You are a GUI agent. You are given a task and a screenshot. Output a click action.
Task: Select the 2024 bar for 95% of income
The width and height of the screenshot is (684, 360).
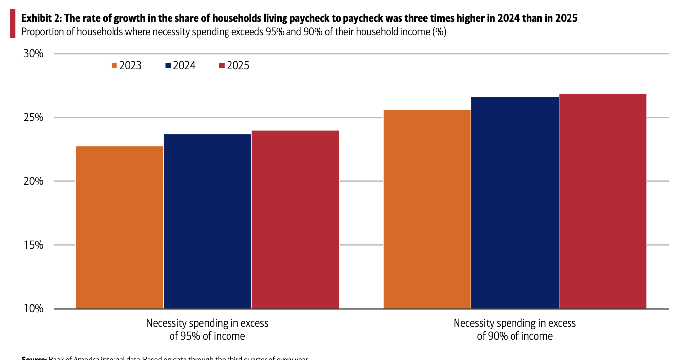[x=207, y=221]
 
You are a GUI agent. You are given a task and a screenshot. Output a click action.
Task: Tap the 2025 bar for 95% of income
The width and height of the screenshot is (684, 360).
[x=295, y=220]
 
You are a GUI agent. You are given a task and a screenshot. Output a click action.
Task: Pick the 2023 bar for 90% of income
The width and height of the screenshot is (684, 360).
[x=427, y=209]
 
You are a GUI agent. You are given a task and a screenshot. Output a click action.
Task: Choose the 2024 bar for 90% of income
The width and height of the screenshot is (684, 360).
[x=515, y=203]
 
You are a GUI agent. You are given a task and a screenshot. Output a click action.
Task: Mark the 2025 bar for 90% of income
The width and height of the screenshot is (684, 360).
[x=603, y=201]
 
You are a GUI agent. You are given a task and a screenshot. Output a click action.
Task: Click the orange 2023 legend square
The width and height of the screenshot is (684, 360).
[x=114, y=66]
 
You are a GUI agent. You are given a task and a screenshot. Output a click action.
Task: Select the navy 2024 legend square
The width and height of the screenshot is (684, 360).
[x=168, y=66]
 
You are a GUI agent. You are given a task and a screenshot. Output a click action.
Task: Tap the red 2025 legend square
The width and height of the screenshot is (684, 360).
[x=222, y=66]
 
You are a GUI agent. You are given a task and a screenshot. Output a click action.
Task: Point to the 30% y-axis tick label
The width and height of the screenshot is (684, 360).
[x=34, y=54]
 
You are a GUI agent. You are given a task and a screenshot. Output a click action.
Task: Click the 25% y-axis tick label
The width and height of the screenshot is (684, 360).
[x=34, y=118]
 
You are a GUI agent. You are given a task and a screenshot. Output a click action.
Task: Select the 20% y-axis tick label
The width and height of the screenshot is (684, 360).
[x=34, y=181]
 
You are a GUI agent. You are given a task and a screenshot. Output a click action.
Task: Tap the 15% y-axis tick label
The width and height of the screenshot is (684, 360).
[x=34, y=245]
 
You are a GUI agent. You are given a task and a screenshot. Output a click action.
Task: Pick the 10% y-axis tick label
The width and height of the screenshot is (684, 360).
[x=34, y=309]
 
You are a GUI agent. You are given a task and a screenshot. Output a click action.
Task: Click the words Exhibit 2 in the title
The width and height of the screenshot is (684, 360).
[x=40, y=19]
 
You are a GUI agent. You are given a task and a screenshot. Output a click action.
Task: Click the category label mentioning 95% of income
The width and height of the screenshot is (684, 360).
[x=207, y=329]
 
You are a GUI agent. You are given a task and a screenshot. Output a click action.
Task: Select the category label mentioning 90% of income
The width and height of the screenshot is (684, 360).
[x=514, y=329]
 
